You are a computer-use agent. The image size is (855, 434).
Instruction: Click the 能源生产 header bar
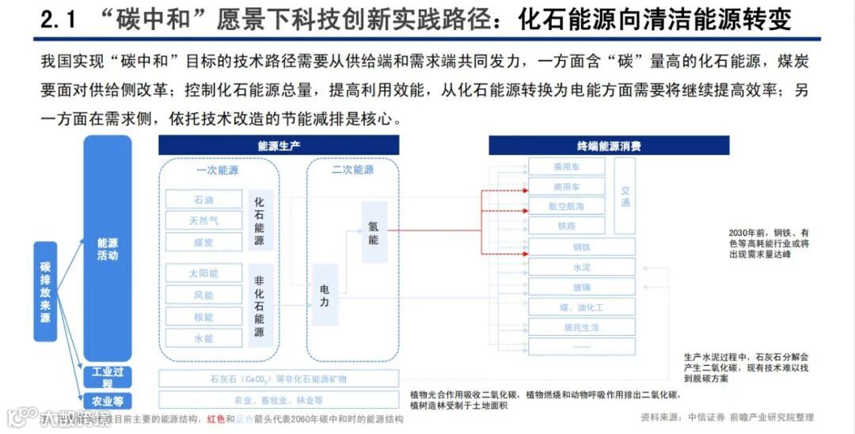coord(279,146)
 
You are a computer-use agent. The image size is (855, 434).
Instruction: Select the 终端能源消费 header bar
coord(608,146)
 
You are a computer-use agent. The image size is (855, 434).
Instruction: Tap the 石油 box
coord(203,200)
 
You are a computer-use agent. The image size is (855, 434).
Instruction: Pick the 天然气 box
coord(203,221)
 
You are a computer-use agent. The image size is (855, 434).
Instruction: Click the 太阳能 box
coord(203,273)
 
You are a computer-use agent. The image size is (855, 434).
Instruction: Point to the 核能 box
coord(203,317)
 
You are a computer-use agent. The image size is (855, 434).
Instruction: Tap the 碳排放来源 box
coord(45,291)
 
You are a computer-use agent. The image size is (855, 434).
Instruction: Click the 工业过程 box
coord(108,377)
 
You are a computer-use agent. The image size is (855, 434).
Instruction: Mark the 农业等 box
coord(108,402)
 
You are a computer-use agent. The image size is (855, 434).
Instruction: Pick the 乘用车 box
coord(566,167)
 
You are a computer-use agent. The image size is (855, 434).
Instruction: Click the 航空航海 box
coord(566,206)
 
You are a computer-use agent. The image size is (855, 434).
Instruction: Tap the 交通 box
coord(625,196)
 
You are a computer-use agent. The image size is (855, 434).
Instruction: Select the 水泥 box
coord(582,268)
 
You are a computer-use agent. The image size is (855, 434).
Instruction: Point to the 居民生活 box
coord(582,326)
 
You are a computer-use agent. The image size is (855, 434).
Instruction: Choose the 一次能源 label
coord(218,170)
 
